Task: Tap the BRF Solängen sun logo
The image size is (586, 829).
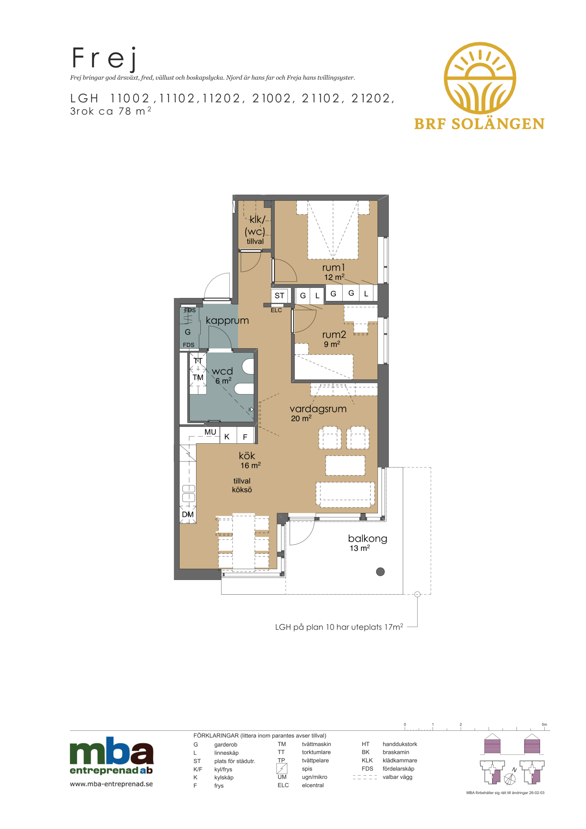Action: [x=479, y=78]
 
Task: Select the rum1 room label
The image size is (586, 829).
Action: [x=333, y=267]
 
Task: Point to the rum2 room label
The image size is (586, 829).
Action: [x=334, y=335]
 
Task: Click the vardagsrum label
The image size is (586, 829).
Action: [x=318, y=409]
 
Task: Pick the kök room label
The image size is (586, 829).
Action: [x=247, y=456]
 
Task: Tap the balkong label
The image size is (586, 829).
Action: [x=367, y=539]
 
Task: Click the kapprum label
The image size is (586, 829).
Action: [x=227, y=321]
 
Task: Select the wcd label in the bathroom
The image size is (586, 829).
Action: [x=222, y=371]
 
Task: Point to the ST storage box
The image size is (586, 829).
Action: [x=279, y=296]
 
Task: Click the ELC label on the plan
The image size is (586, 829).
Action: [x=276, y=310]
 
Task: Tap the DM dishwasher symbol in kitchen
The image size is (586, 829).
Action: [x=188, y=514]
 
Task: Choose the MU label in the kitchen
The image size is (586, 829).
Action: [x=210, y=432]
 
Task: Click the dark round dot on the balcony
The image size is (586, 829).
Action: [x=380, y=572]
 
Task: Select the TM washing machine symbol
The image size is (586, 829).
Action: [x=198, y=377]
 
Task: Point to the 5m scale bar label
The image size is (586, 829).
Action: [x=544, y=724]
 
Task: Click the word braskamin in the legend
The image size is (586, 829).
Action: [x=396, y=752]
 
